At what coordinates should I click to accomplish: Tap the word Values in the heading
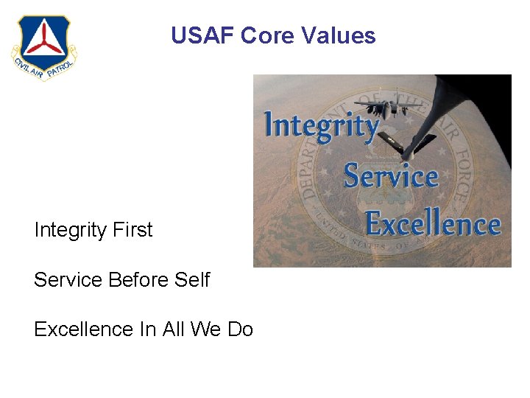click(338, 35)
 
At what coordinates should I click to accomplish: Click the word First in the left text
click(133, 230)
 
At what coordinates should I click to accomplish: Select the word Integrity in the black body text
click(71, 230)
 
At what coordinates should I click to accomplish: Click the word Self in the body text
click(192, 280)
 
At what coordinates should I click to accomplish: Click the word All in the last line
click(172, 329)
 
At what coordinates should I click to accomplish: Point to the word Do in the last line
click(240, 329)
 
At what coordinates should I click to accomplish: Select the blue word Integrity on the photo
click(321, 125)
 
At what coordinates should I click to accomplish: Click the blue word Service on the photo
click(391, 176)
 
